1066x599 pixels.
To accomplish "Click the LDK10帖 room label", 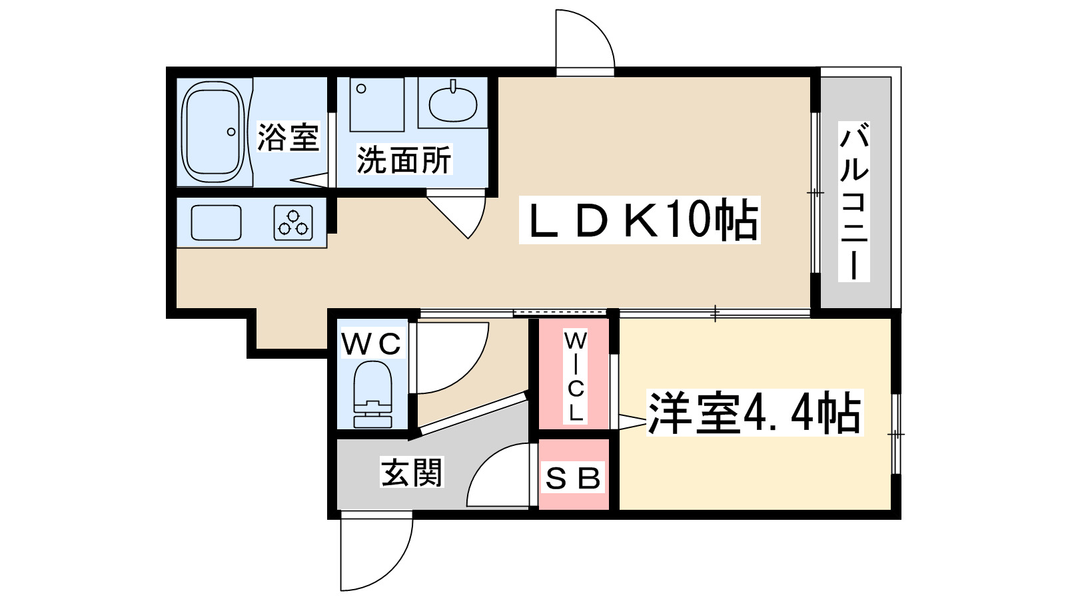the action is tap(640, 220).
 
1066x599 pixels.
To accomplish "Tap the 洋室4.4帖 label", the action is tap(755, 413).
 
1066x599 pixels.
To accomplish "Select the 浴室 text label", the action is tap(288, 137).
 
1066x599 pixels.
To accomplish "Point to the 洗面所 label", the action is tap(404, 159).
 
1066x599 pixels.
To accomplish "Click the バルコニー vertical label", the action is tap(854, 202).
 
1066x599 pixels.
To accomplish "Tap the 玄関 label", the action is tap(412, 472).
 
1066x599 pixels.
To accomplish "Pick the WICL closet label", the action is tap(576, 377).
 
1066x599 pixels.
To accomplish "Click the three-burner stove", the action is tap(293, 222).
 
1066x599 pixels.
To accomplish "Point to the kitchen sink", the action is tap(216, 222).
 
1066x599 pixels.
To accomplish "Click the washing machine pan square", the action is tap(377, 104).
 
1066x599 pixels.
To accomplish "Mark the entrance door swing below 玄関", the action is tap(376, 552).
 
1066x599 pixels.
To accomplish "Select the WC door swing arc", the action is tap(452, 359).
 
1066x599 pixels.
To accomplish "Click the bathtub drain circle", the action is tap(231, 132).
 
